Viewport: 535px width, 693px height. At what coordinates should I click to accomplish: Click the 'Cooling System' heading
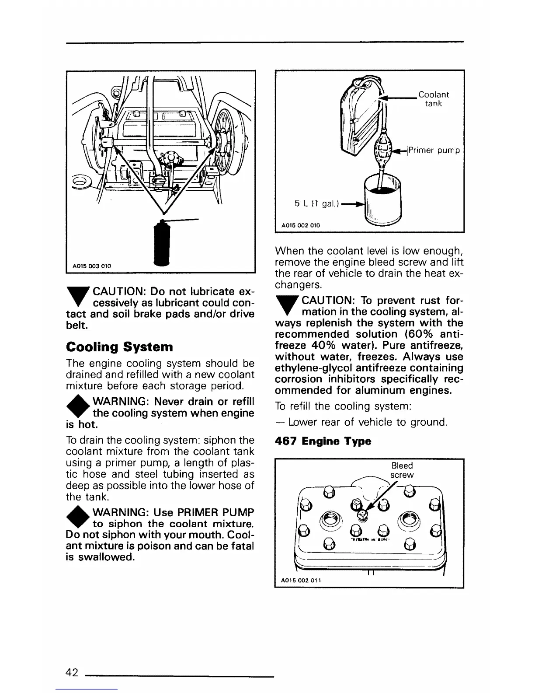(x=119, y=347)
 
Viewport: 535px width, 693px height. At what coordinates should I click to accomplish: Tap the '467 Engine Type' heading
(x=323, y=441)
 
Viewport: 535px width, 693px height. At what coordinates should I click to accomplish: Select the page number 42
(x=72, y=672)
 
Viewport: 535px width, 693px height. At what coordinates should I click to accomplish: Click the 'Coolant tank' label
(x=433, y=99)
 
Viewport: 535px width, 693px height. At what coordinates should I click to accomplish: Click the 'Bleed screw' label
(x=402, y=470)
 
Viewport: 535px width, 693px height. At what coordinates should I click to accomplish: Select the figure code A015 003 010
(x=92, y=266)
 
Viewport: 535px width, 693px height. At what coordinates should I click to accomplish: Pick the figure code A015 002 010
(x=300, y=225)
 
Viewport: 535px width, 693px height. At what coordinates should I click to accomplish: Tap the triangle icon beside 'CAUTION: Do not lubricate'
(x=77, y=296)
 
